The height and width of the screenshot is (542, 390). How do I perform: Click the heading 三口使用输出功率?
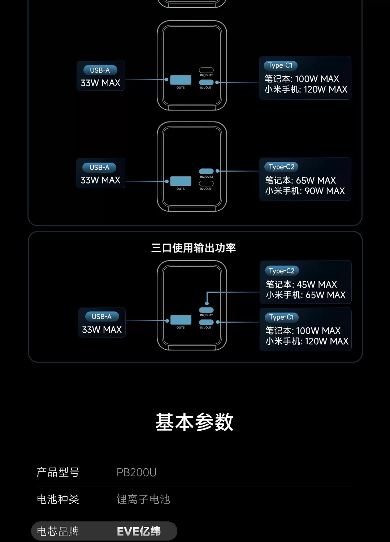click(x=194, y=248)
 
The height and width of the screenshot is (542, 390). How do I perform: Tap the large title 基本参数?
click(x=194, y=422)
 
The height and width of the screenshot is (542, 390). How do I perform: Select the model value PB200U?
click(x=136, y=472)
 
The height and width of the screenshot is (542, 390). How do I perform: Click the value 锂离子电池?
click(x=143, y=499)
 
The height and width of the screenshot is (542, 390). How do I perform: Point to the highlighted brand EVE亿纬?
click(x=139, y=532)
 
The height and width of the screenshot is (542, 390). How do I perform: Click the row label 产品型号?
click(x=58, y=472)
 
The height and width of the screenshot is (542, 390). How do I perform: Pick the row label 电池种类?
click(x=58, y=499)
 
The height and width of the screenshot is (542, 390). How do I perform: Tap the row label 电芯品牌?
click(x=58, y=532)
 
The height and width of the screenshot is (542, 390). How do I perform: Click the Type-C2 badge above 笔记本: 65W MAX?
click(x=281, y=167)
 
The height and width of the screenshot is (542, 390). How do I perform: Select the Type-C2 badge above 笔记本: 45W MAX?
click(x=282, y=271)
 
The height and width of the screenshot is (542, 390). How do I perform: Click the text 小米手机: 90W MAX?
click(x=305, y=191)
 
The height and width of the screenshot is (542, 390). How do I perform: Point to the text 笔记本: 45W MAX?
click(x=301, y=284)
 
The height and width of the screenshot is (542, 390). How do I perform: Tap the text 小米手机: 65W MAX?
click(x=305, y=295)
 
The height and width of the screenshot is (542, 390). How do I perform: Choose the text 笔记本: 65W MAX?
click(x=300, y=180)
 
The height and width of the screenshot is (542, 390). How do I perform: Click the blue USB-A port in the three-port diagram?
click(x=181, y=320)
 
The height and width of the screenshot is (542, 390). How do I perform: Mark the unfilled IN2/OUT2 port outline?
click(x=206, y=70)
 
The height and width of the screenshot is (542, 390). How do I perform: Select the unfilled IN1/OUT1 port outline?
click(x=206, y=184)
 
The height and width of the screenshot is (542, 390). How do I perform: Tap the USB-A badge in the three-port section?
click(x=102, y=317)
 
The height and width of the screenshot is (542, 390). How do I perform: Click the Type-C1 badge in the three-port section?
click(x=281, y=317)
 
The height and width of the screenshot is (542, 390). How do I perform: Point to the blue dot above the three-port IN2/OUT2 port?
click(x=207, y=304)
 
